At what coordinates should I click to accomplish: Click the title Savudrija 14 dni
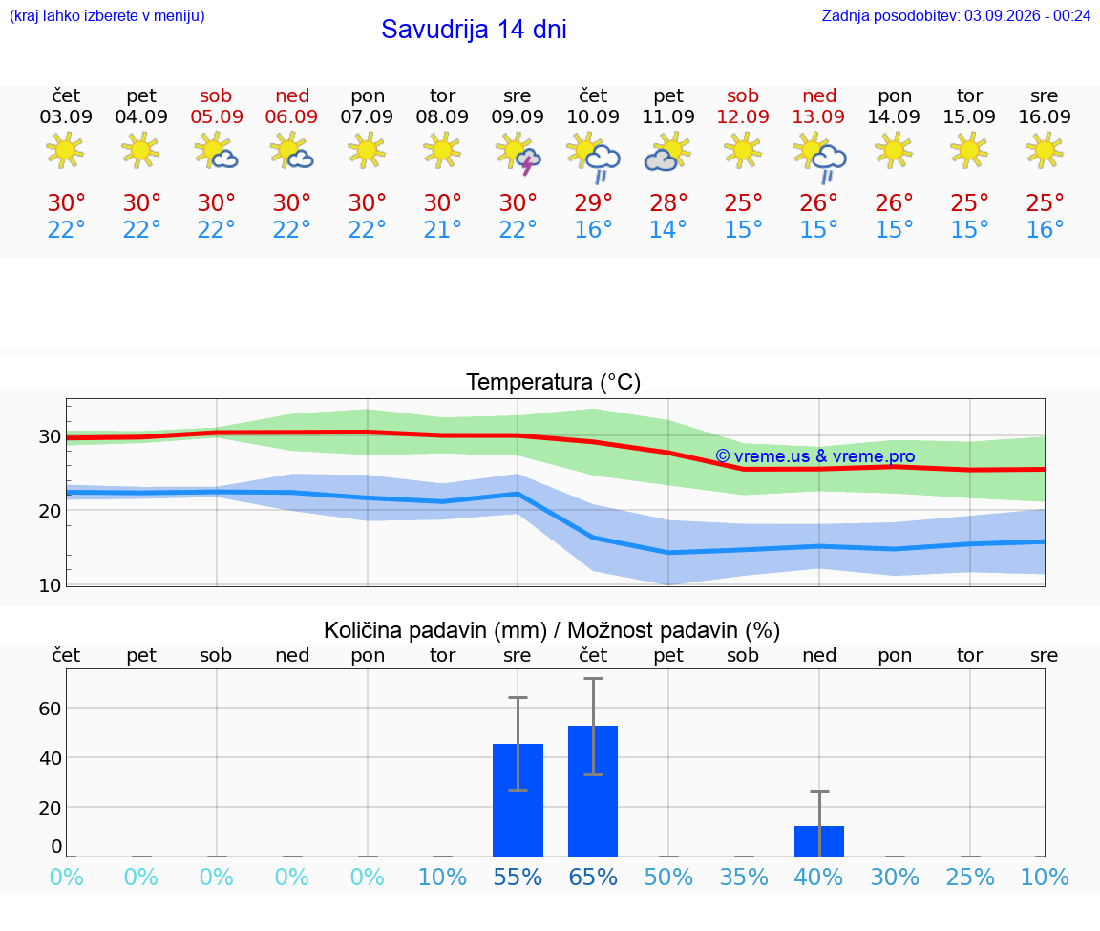[x=474, y=30]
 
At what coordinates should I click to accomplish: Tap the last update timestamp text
[x=956, y=16]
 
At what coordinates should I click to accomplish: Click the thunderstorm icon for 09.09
[x=518, y=155]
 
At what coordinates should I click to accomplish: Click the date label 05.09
[x=217, y=116]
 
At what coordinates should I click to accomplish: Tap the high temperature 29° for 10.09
[x=594, y=202]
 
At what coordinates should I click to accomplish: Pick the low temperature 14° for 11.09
[x=667, y=229]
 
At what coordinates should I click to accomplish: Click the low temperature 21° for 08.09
[x=443, y=229]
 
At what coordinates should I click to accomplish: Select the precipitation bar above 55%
[x=518, y=800]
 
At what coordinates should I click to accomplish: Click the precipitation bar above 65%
[x=593, y=791]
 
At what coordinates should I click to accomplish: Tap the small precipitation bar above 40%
[x=818, y=841]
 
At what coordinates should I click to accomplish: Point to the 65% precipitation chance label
[x=593, y=877]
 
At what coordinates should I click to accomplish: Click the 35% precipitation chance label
[x=744, y=877]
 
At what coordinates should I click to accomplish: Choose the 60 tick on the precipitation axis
[x=50, y=709]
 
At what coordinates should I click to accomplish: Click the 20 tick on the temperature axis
[x=50, y=511]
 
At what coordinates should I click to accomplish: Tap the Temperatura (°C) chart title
[x=554, y=382]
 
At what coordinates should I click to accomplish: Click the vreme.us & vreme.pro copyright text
[x=815, y=456]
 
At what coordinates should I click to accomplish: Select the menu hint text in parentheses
[x=107, y=16]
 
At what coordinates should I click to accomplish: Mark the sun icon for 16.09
[x=1045, y=151]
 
